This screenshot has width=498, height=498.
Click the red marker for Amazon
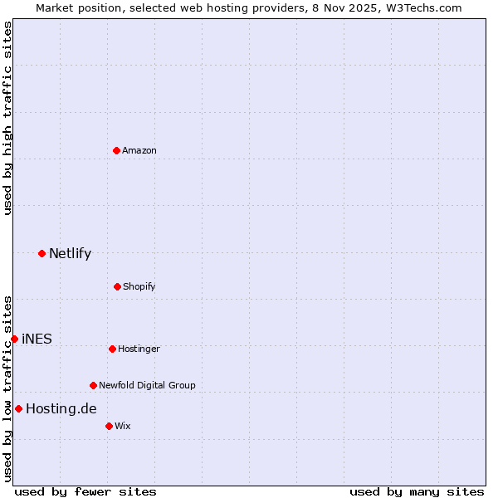(x=116, y=150)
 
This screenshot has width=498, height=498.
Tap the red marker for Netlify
(x=41, y=253)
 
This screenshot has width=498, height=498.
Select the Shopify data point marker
(x=117, y=286)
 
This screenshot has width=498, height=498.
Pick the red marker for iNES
(x=14, y=339)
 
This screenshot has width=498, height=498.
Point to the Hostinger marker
(x=112, y=349)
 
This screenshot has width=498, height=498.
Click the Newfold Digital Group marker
(x=93, y=385)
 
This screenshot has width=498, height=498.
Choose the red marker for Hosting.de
(x=18, y=408)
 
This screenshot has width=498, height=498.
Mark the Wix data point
(x=109, y=426)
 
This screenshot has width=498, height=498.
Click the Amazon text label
(x=139, y=150)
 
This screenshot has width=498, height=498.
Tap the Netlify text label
(x=70, y=254)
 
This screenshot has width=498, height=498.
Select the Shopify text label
(x=139, y=286)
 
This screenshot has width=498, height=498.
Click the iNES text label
(x=37, y=339)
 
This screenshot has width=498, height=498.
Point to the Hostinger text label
(x=139, y=349)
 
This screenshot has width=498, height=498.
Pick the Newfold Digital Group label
(x=147, y=385)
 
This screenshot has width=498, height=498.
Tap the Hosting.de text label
(x=61, y=408)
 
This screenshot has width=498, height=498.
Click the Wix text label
(x=123, y=426)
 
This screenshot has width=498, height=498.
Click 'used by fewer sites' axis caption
(x=85, y=491)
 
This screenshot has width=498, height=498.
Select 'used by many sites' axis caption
(x=417, y=491)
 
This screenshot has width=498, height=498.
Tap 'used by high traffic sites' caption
(x=7, y=118)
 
